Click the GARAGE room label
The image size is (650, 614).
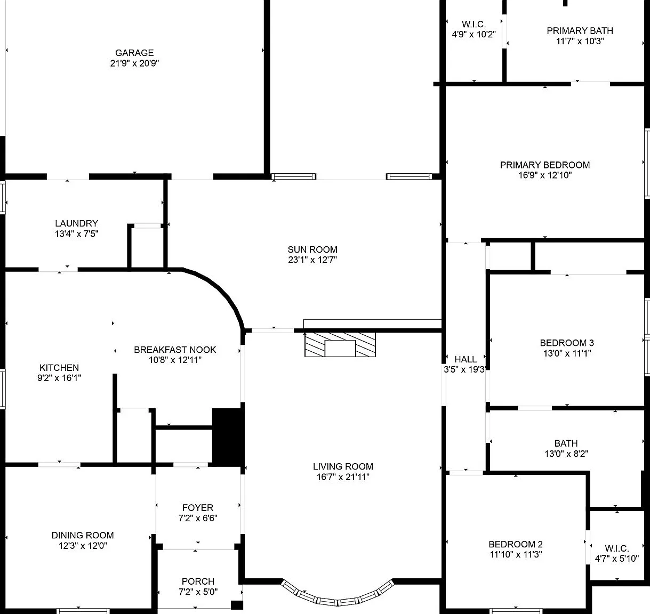point(134,53)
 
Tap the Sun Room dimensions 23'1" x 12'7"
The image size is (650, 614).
point(312,260)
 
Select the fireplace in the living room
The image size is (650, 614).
point(340,345)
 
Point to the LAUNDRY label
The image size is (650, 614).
point(76,223)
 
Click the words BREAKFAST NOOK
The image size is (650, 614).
point(175,350)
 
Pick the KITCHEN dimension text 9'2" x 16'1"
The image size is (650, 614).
point(59,378)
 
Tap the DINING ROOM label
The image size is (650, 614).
point(83,535)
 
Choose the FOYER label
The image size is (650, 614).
point(198,507)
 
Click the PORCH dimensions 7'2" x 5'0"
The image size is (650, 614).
point(198,592)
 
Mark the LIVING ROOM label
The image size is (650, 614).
point(343,466)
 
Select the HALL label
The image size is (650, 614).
point(466,359)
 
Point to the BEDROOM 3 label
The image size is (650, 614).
point(566,343)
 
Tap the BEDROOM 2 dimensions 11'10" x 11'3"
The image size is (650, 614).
point(516,554)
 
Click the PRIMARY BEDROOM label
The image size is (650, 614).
point(544,165)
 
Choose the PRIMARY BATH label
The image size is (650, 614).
point(580,30)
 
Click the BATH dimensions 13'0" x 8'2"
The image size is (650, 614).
point(566,453)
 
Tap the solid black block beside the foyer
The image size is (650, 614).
point(228,437)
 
